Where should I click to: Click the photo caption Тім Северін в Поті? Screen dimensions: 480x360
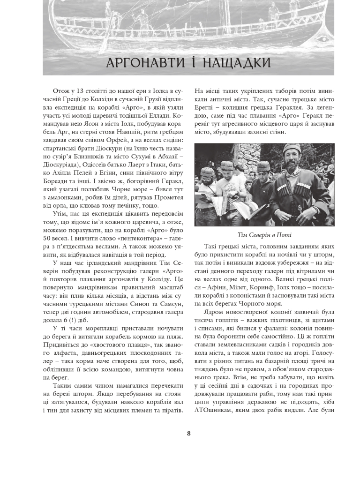click(x=264, y=235)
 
